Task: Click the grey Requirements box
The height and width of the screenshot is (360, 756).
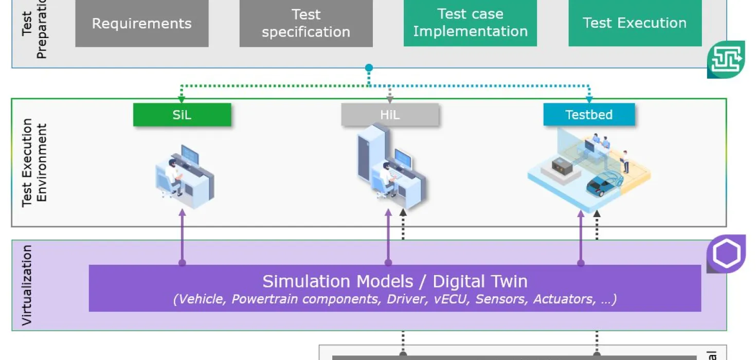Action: tap(142, 24)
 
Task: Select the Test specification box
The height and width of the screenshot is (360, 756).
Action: tap(306, 24)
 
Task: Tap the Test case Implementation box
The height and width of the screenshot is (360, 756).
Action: tap(470, 23)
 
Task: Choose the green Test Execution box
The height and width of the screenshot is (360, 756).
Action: tap(635, 23)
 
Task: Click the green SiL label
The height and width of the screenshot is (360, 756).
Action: tap(182, 115)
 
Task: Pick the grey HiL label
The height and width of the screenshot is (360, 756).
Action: tap(390, 115)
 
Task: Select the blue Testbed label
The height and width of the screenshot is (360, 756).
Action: tap(589, 115)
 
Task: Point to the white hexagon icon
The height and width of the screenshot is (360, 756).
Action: tap(727, 254)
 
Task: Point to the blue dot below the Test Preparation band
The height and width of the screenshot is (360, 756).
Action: tap(369, 68)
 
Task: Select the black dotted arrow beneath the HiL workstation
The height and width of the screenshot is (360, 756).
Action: tap(403, 225)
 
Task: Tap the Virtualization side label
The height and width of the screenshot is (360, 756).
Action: tap(27, 285)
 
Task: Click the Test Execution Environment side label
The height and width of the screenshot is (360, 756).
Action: tap(34, 163)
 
